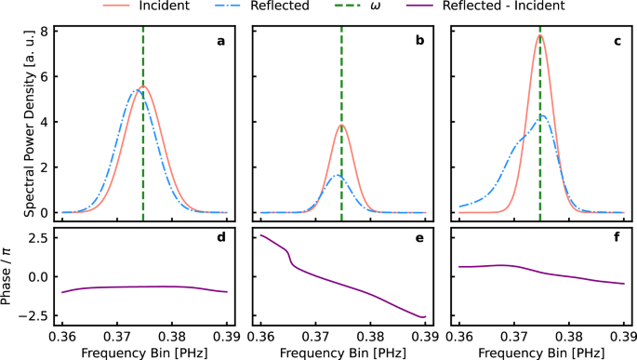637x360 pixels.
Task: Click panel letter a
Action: tap(219, 41)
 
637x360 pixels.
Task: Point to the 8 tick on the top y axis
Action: tap(42, 32)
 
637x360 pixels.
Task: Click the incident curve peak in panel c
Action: tap(539, 35)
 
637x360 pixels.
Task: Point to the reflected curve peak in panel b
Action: tap(338, 176)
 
